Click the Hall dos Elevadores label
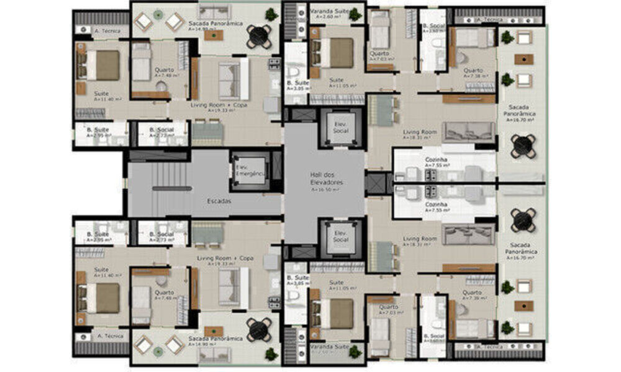point(325,179)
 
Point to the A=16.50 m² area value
point(325,191)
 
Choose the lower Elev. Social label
point(340,236)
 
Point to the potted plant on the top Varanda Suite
point(355,14)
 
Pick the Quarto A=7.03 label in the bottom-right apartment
point(388,308)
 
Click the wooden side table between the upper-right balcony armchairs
point(524,60)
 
